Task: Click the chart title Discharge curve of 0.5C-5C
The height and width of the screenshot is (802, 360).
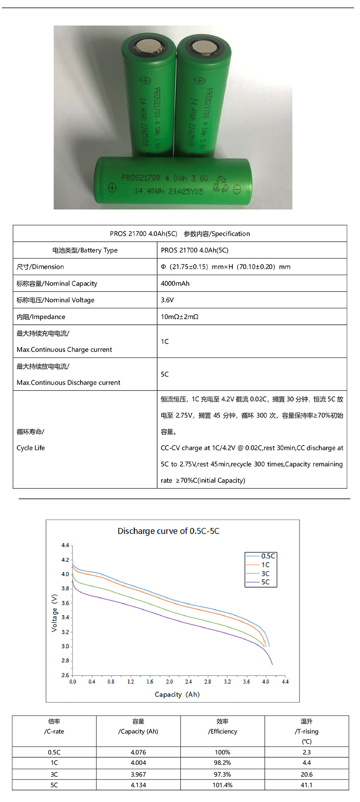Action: click(168, 531)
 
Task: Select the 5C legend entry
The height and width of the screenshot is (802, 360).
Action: click(265, 582)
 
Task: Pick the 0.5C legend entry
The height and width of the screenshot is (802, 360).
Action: click(268, 556)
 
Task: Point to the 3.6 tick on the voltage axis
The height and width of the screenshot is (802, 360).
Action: click(65, 603)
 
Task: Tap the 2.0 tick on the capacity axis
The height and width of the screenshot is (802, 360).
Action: click(170, 682)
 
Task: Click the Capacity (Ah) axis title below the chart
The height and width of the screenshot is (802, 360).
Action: click(177, 694)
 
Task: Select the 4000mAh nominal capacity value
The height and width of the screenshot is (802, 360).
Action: click(175, 284)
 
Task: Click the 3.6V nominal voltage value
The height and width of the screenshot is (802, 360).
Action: click(167, 300)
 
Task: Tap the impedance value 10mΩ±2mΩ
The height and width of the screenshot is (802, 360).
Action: click(180, 317)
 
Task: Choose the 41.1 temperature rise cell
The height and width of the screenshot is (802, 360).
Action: click(306, 785)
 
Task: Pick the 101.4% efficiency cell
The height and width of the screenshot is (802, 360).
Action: click(222, 785)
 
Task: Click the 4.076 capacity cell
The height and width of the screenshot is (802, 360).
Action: click(138, 752)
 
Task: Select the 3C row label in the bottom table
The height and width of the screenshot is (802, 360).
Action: click(54, 774)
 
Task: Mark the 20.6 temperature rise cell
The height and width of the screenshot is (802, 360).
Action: click(306, 774)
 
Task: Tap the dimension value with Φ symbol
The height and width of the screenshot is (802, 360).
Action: click(226, 267)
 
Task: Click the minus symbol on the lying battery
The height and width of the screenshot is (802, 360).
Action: click(237, 189)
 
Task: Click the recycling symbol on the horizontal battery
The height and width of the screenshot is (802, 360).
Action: click(220, 184)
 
